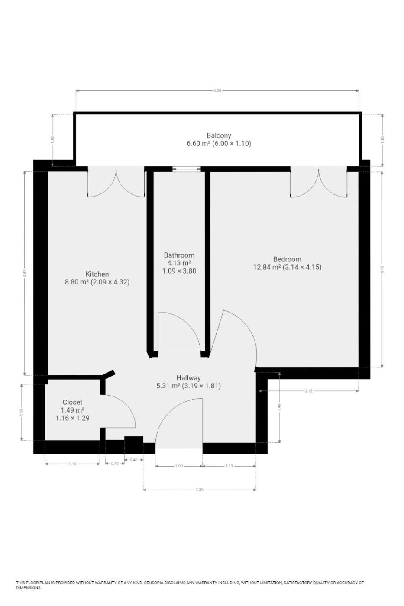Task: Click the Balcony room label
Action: [x=219, y=135]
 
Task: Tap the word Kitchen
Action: [x=97, y=274]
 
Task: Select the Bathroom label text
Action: [x=179, y=255]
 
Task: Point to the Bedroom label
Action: [x=287, y=259]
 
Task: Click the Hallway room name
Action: [x=189, y=378]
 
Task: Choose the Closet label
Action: [x=72, y=402]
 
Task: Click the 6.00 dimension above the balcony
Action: [x=217, y=90]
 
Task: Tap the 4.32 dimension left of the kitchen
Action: [x=25, y=273]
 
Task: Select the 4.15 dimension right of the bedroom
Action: [x=382, y=269]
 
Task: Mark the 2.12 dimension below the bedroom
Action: [x=308, y=390]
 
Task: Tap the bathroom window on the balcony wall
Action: [x=187, y=169]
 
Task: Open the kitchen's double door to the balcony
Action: [x=116, y=182]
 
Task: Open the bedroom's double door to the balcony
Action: [x=319, y=182]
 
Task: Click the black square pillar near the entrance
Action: [x=134, y=445]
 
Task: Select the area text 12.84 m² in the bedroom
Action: [x=267, y=268]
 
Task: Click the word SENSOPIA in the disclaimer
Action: [x=154, y=583]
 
